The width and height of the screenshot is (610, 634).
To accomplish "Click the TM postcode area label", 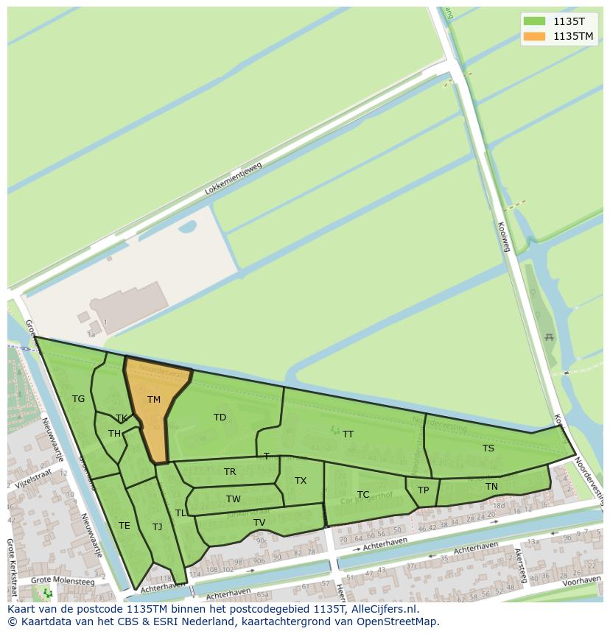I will pyautogui.click(x=153, y=400).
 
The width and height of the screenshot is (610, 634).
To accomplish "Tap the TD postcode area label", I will pyautogui.click(x=220, y=418).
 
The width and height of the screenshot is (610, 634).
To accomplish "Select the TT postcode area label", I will pyautogui.click(x=348, y=434).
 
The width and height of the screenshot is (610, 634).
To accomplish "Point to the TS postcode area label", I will pyautogui.click(x=488, y=448).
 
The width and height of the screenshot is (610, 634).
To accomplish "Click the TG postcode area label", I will pyautogui.click(x=78, y=399).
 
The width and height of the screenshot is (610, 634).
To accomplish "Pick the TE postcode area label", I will pyautogui.click(x=124, y=526).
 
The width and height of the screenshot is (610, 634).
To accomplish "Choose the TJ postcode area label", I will pyautogui.click(x=157, y=526).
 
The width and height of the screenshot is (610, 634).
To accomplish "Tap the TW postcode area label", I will pyautogui.click(x=233, y=499).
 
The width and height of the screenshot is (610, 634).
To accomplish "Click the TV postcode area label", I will pyautogui.click(x=259, y=523).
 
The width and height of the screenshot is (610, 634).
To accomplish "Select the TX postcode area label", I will pyautogui.click(x=300, y=481).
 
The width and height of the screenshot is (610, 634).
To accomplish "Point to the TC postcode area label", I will pyautogui.click(x=362, y=495).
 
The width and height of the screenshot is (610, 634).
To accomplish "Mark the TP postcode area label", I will pyautogui.click(x=423, y=490).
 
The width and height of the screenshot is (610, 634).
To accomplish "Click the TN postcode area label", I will pyautogui.click(x=491, y=487).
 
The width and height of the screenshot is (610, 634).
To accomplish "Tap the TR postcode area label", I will pyautogui.click(x=230, y=472).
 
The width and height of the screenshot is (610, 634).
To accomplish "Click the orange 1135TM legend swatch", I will pyautogui.click(x=534, y=36).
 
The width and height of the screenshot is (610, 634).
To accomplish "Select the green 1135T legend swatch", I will pyautogui.click(x=534, y=21).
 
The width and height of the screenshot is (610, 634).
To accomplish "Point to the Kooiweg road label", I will pyautogui.click(x=505, y=237).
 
